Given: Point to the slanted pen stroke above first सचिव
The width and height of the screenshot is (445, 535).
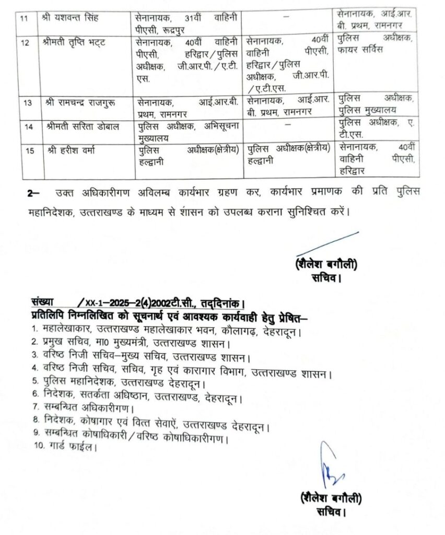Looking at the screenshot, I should click(x=326, y=245).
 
